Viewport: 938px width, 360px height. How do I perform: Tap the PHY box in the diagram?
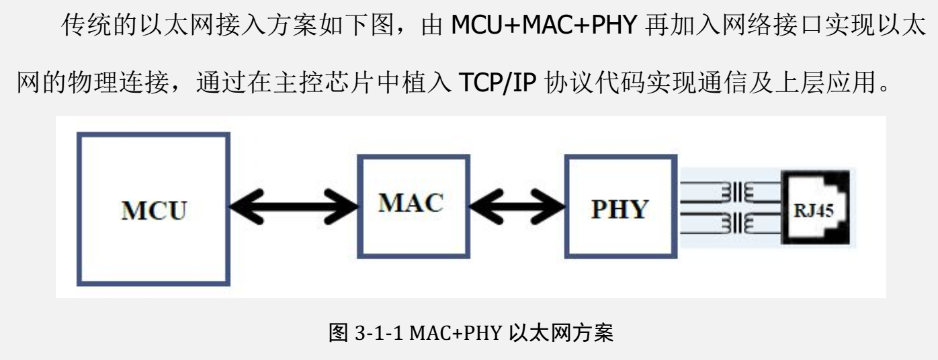tap(620, 209)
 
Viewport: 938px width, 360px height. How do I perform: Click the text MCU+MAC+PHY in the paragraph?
tap(545, 28)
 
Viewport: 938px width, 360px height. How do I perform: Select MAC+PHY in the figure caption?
tap(446, 334)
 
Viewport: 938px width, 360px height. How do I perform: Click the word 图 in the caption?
tap(336, 334)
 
